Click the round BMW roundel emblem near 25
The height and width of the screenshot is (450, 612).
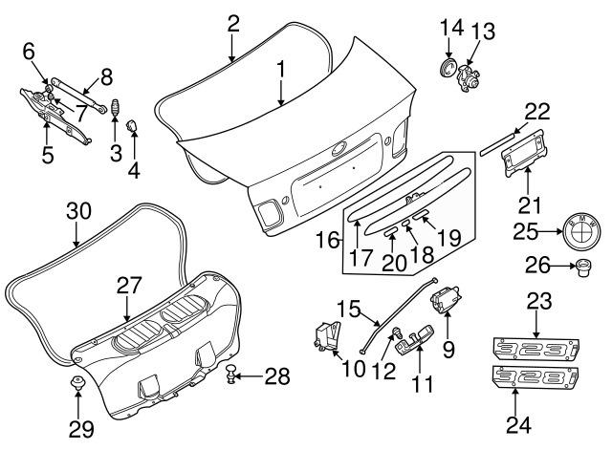click(x=579, y=232)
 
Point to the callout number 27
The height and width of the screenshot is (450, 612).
click(x=129, y=285)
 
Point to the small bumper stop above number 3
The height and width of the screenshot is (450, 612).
click(x=115, y=107)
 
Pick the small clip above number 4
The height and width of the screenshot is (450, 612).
click(x=133, y=124)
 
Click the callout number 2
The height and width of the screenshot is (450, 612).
click(x=232, y=23)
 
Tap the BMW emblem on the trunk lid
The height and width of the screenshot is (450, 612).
click(x=338, y=150)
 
